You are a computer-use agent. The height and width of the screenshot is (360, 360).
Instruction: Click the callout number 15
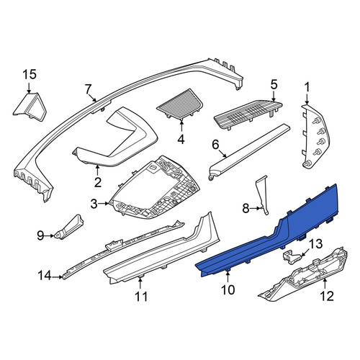(30, 74)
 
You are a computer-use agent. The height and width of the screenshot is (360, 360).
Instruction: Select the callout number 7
(88, 89)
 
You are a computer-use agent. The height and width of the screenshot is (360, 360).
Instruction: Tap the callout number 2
(98, 182)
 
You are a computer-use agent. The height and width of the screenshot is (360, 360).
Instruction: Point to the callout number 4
(181, 139)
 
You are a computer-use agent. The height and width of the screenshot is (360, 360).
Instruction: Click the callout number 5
(274, 84)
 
